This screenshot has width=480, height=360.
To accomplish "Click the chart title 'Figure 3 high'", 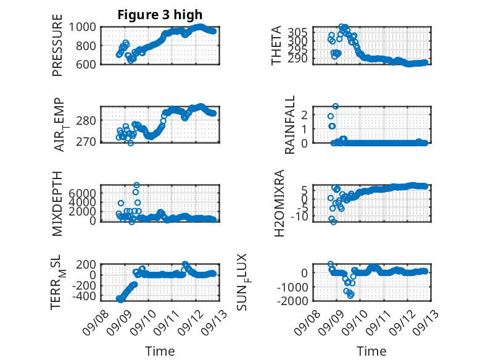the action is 160,15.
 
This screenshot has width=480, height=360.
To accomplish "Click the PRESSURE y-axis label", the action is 57,45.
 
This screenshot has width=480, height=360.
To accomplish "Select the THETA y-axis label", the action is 276,45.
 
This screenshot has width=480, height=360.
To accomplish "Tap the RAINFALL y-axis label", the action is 289,124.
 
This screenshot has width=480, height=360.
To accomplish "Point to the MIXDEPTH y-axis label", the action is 57,204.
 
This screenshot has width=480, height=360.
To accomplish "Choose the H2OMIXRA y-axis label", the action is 279,203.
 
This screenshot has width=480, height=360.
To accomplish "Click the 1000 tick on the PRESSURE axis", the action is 82,27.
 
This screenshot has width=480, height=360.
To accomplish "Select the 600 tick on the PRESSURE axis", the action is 86,64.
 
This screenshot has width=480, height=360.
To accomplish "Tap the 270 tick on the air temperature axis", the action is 86,142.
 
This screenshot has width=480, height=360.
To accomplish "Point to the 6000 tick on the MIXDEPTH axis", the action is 82,193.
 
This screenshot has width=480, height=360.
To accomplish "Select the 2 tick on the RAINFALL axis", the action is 304,115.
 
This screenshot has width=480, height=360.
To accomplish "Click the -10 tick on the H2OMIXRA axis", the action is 299,217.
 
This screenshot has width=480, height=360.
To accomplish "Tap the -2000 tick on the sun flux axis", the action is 292,301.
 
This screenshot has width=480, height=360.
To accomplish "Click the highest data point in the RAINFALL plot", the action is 336,106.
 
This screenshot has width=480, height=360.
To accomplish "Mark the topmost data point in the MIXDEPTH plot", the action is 137,185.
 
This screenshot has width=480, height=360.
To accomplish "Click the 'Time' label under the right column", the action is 371,351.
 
